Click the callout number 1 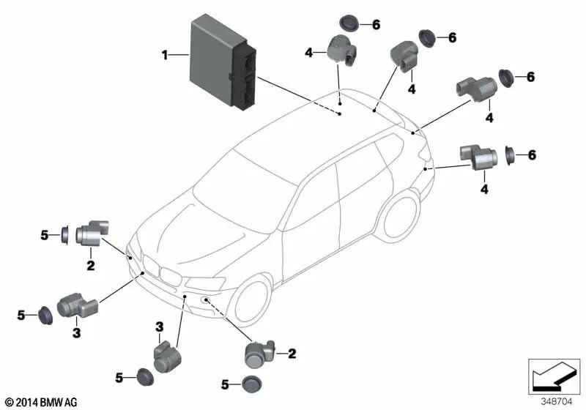tap(165, 53)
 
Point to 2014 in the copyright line tap(25, 402)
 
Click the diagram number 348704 tap(557, 401)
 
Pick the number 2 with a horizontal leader tap(292, 354)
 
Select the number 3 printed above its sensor tap(157, 326)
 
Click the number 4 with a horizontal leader tap(309, 51)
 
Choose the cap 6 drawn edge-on tap(510, 155)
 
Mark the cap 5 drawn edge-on tap(64, 234)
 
